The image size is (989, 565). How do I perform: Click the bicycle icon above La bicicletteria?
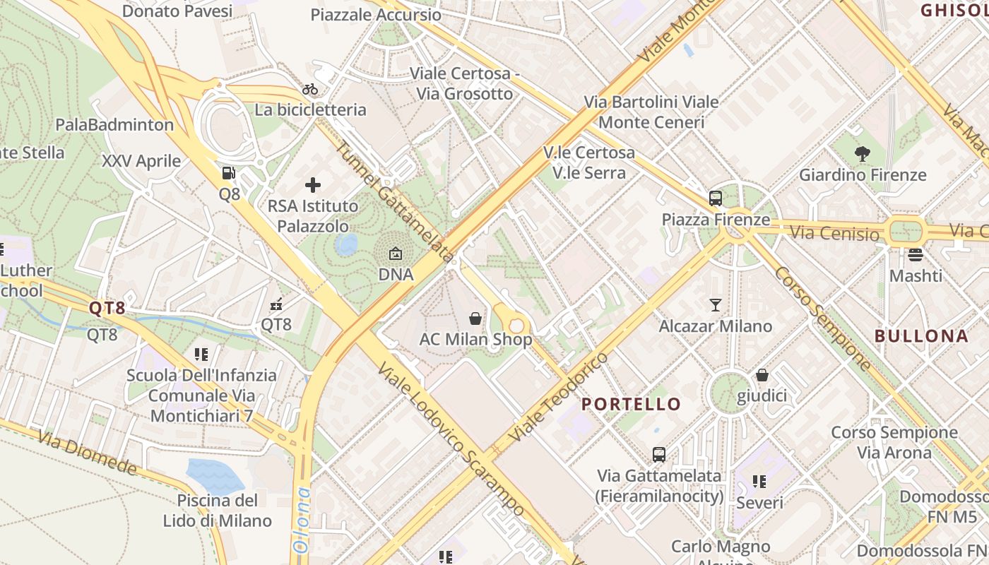310,89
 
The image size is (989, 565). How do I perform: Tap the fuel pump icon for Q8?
229,173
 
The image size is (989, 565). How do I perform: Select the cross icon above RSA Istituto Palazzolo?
313,186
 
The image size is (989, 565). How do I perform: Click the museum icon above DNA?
396,253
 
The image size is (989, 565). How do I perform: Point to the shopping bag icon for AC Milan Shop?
475,319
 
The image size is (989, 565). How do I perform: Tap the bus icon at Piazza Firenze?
716,198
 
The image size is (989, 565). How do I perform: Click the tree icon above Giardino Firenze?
862,153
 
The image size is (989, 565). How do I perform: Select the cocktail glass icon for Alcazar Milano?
716,305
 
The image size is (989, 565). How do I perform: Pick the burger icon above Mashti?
916,254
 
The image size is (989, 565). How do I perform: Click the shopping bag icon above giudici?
762,374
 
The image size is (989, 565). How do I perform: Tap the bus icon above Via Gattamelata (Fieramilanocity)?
659,455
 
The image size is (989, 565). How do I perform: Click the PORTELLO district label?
631,405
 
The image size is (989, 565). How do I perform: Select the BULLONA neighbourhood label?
921,336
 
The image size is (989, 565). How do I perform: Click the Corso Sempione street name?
824,318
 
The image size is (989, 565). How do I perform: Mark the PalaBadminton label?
114,125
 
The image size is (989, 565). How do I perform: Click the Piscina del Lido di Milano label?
218,511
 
